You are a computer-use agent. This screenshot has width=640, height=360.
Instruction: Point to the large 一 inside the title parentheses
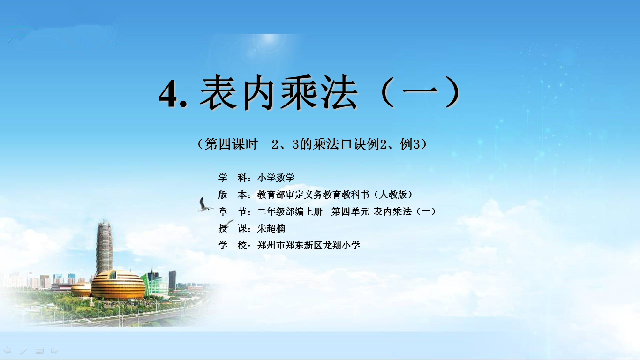(420, 91)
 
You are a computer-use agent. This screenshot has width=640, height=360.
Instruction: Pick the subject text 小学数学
(276, 178)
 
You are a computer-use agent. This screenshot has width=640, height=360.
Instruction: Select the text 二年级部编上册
(290, 211)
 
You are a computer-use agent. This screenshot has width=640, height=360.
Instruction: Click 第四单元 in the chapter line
(350, 211)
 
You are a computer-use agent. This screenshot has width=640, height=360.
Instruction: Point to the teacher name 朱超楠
(271, 228)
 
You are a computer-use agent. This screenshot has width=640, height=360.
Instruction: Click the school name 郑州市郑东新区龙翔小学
(309, 245)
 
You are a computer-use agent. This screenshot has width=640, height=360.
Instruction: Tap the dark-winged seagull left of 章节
(204, 205)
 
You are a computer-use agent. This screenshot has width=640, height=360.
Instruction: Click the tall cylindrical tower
(104, 247)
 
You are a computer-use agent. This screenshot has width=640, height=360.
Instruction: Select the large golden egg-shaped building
(118, 285)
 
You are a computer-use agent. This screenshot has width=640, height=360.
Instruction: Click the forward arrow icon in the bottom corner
(54, 351)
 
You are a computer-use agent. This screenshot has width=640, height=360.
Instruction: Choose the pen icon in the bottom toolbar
(24, 351)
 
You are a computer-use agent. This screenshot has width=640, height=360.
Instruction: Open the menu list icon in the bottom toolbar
(39, 351)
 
